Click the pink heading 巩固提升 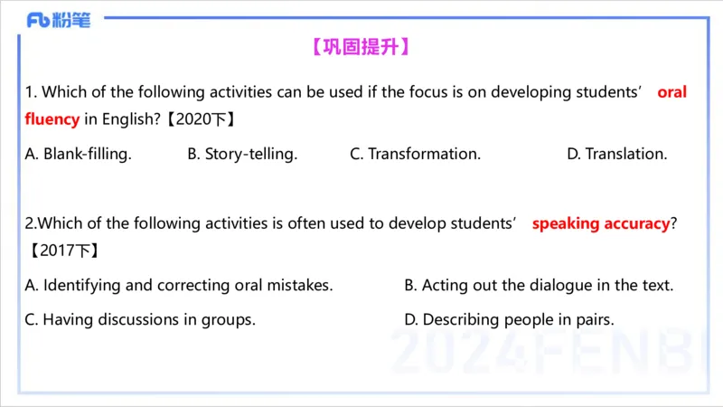click(x=361, y=47)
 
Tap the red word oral click(x=671, y=92)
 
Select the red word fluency click(x=52, y=118)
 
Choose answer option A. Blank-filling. click(x=79, y=154)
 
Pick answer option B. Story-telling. click(x=242, y=154)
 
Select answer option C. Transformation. click(x=415, y=154)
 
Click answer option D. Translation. click(x=617, y=154)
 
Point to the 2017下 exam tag click(x=62, y=251)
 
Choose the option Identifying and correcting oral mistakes click(x=179, y=285)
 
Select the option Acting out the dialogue click(x=539, y=285)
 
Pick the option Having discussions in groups click(x=140, y=319)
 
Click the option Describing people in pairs click(x=509, y=319)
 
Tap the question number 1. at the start click(x=31, y=92)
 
